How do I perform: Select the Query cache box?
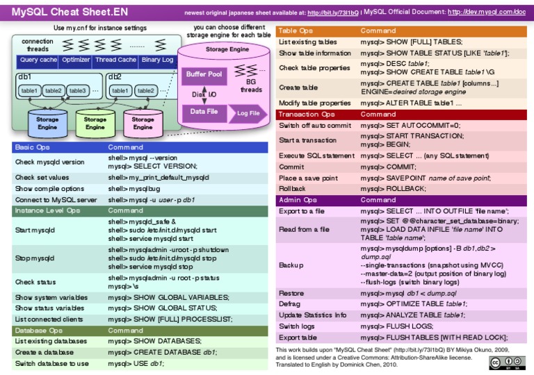click(38, 60)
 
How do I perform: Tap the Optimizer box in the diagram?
click(76, 60)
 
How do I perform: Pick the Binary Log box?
click(157, 60)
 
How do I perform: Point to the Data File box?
click(204, 111)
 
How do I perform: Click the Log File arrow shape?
click(248, 113)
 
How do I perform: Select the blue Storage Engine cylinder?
click(47, 123)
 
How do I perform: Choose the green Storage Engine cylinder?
click(95, 123)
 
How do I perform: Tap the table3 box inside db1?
click(77, 90)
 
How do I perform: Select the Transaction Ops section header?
click(307, 114)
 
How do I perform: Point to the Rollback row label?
click(293, 188)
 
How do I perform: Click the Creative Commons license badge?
click(506, 362)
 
